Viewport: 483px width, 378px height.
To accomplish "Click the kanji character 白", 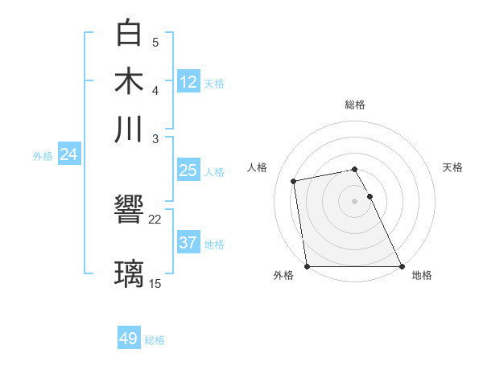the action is (130, 33).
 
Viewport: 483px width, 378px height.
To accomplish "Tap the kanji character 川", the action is (130, 129).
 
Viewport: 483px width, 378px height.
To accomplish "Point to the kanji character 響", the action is (130, 211).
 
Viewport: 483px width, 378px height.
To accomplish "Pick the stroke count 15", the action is (155, 283).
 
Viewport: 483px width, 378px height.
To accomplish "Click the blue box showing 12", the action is (188, 81).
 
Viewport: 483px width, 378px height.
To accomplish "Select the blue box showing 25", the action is (188, 171).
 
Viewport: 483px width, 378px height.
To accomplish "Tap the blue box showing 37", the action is (188, 243).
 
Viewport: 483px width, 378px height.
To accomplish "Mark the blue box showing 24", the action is (68, 154).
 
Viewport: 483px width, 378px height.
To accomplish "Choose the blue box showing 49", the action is (129, 339).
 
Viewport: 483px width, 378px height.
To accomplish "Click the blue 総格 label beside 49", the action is (155, 340).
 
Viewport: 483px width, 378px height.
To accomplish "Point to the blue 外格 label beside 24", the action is (43, 156).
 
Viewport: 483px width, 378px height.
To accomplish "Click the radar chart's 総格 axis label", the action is (355, 105).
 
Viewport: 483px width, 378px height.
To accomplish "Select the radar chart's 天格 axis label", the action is (452, 167).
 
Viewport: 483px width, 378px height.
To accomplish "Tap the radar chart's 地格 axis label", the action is (422, 276).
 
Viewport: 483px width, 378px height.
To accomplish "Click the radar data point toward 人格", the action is (295, 181).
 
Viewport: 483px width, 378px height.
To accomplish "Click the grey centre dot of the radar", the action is (355, 201).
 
